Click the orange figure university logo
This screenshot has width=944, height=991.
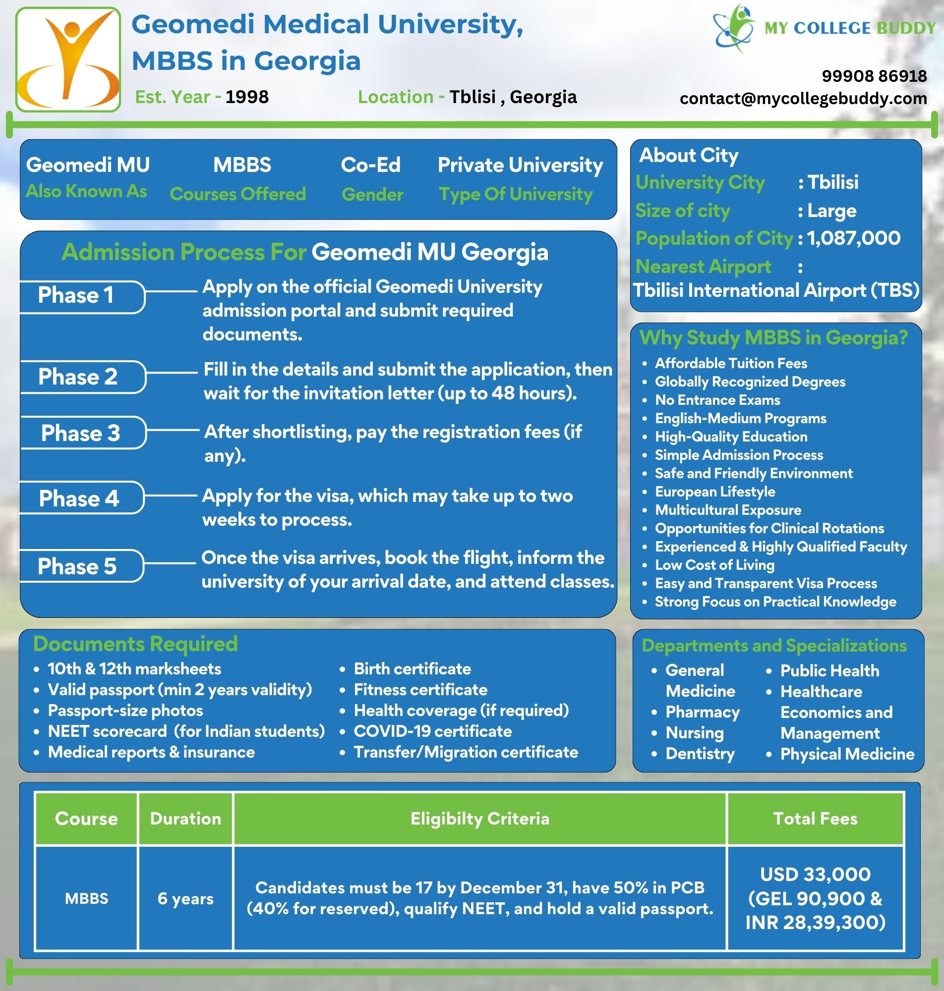tap(68, 59)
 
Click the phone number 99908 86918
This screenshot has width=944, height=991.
tap(874, 76)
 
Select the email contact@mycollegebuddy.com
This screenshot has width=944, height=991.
tap(803, 98)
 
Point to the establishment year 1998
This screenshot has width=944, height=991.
tap(246, 97)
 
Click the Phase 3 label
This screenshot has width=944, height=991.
tap(80, 433)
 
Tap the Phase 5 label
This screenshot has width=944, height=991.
tap(77, 566)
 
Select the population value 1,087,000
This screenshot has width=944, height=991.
tap(853, 238)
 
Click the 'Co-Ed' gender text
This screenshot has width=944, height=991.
tap(370, 165)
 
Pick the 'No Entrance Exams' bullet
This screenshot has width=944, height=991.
tap(717, 400)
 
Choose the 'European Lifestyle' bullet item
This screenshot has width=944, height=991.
tap(714, 491)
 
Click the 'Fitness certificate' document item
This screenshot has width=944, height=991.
tap(420, 689)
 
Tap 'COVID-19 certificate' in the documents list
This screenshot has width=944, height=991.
tap(432, 731)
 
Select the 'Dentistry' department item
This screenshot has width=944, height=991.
tap(700, 754)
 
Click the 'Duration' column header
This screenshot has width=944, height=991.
tap(185, 818)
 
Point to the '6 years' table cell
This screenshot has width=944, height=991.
tap(185, 898)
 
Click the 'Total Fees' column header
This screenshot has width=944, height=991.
tap(815, 818)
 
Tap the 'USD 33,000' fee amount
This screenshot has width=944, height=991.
tap(815, 875)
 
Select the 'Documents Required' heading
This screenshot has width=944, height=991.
tap(135, 644)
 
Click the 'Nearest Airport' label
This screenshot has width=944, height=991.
tap(703, 267)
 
